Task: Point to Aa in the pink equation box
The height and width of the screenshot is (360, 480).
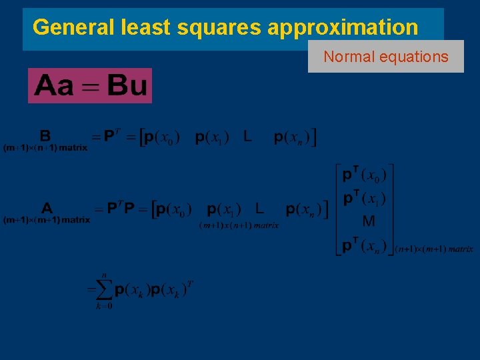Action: (55, 86)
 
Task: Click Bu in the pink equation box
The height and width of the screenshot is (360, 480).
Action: (127, 86)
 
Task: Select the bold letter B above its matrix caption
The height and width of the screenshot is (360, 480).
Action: (45, 136)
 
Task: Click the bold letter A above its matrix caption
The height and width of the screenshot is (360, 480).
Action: (47, 208)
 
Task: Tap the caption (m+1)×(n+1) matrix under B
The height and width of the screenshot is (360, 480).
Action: (45, 147)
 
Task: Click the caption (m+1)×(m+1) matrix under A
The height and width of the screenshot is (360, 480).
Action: (47, 219)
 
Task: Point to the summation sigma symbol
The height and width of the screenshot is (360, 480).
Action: (101, 290)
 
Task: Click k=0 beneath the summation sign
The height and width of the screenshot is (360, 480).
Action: (103, 306)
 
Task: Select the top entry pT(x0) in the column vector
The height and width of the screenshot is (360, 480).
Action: (363, 176)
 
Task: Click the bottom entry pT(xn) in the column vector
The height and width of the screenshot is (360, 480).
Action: (363, 246)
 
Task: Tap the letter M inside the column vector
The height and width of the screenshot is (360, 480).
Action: (368, 221)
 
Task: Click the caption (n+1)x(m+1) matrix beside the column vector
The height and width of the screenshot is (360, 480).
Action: (434, 249)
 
